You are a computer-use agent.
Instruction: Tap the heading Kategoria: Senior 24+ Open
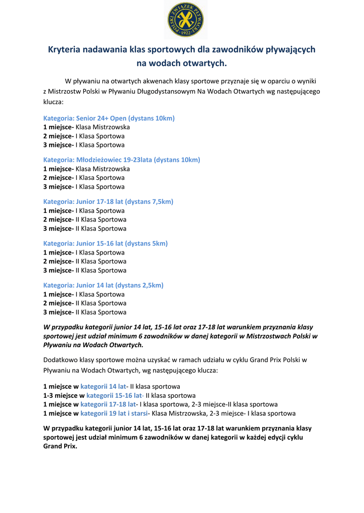(x=109, y=118)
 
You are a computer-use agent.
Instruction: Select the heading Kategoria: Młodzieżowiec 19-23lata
(x=122, y=160)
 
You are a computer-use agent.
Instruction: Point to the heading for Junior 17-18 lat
(x=108, y=201)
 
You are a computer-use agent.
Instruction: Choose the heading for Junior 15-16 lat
(x=105, y=243)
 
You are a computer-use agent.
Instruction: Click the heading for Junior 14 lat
(x=103, y=285)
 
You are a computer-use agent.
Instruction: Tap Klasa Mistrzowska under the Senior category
(x=102, y=127)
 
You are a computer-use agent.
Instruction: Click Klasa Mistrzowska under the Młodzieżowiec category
(x=102, y=169)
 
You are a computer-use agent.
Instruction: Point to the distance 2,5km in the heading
(x=152, y=285)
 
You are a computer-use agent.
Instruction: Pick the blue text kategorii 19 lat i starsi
(x=114, y=413)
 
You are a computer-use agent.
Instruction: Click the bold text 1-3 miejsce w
(x=64, y=395)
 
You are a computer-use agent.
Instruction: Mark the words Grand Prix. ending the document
(x=60, y=446)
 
